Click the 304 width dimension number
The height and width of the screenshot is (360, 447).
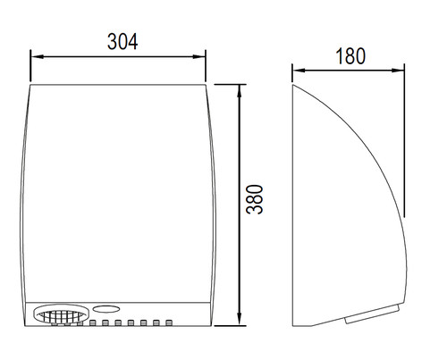pyautogui.click(x=122, y=41)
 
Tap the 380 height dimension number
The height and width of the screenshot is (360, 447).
pyautogui.click(x=255, y=199)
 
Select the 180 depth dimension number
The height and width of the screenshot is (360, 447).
pyautogui.click(x=350, y=56)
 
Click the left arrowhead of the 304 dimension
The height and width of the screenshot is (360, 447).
pyautogui.click(x=37, y=56)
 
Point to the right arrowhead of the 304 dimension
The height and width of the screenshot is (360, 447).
pyautogui.click(x=199, y=56)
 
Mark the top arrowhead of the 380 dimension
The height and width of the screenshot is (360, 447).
pyautogui.click(x=239, y=91)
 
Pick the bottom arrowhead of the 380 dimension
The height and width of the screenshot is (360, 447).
pyautogui.click(x=239, y=319)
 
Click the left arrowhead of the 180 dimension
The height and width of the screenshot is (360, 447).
pyautogui.click(x=299, y=71)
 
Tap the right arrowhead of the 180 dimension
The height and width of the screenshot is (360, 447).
pyautogui.click(x=398, y=71)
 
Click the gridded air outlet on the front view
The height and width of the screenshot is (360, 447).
pyautogui.click(x=61, y=314)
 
